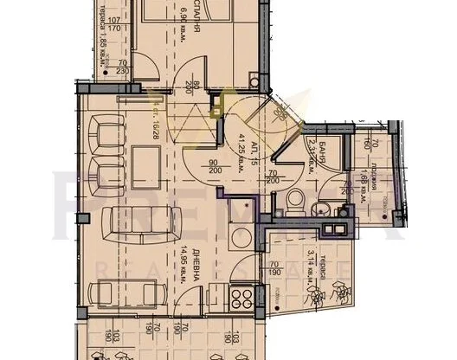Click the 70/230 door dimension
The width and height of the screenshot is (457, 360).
123,68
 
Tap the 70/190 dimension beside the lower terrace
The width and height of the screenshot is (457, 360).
274,270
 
